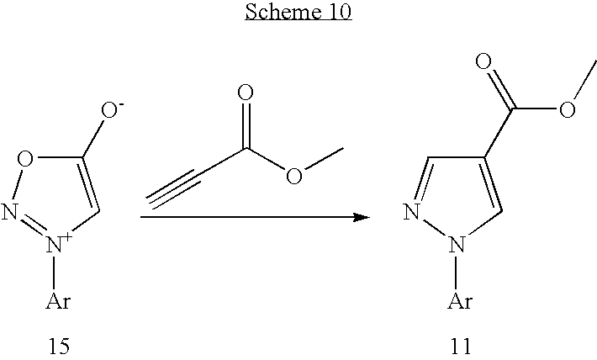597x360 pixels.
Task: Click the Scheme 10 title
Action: (298, 12)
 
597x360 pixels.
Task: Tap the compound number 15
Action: (59, 346)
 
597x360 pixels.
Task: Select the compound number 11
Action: (461, 346)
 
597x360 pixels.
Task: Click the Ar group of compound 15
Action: (58, 301)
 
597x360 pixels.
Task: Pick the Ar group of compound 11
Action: (460, 301)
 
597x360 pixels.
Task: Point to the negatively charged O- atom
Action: (112, 109)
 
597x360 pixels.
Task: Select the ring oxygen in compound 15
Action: (25, 159)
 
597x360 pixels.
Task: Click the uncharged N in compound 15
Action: (9, 212)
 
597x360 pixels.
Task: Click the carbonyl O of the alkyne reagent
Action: (246, 93)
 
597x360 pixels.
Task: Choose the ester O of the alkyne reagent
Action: (294, 176)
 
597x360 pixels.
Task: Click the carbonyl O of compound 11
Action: (483, 61)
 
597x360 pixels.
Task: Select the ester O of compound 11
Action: (568, 109)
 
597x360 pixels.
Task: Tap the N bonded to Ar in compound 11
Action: (457, 244)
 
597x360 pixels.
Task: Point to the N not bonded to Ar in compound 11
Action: (412, 212)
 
